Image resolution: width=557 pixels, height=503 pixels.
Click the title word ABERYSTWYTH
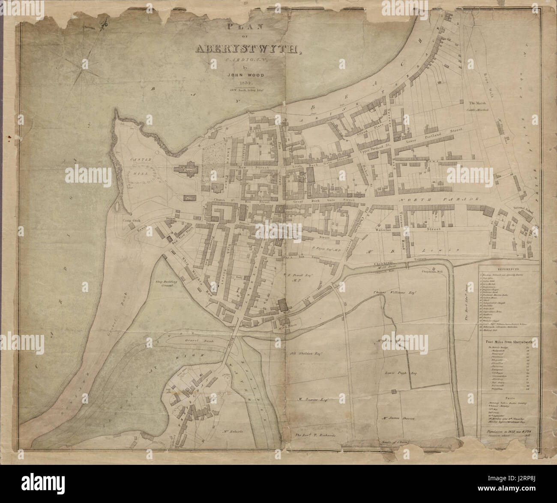(x=248, y=49)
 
